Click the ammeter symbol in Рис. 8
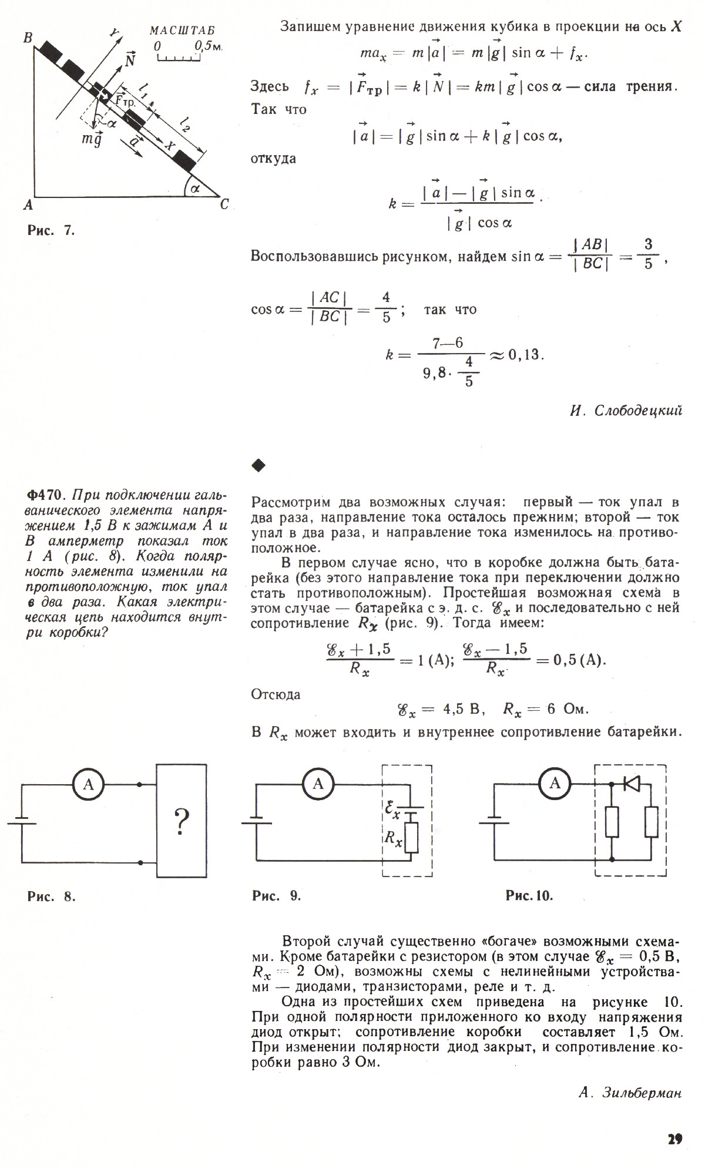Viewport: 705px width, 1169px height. (x=88, y=784)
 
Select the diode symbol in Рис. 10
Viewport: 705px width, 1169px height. (x=632, y=784)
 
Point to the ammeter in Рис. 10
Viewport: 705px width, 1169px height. (x=555, y=783)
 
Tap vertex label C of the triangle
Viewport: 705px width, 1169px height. (x=224, y=204)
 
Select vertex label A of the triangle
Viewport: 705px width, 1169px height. (x=28, y=206)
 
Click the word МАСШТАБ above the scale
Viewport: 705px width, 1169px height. (x=182, y=31)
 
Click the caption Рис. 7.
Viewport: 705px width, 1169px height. (x=51, y=230)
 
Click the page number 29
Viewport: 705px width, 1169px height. (x=674, y=1138)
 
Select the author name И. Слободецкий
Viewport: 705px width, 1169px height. (x=626, y=411)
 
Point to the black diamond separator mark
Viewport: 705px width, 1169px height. (x=258, y=466)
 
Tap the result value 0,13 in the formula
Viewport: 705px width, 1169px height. (x=525, y=355)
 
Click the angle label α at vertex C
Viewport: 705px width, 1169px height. (x=196, y=189)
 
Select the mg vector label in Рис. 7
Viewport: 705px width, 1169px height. (x=92, y=139)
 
